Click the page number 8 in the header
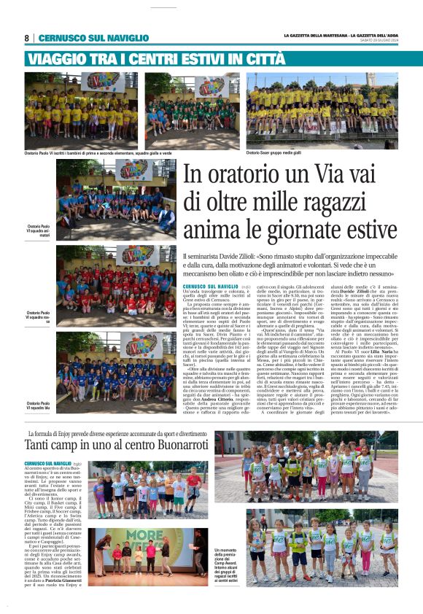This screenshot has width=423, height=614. (x=27, y=38)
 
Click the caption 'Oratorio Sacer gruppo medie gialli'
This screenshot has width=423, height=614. (x=273, y=152)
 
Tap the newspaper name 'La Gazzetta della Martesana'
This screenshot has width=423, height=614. (x=306, y=35)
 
